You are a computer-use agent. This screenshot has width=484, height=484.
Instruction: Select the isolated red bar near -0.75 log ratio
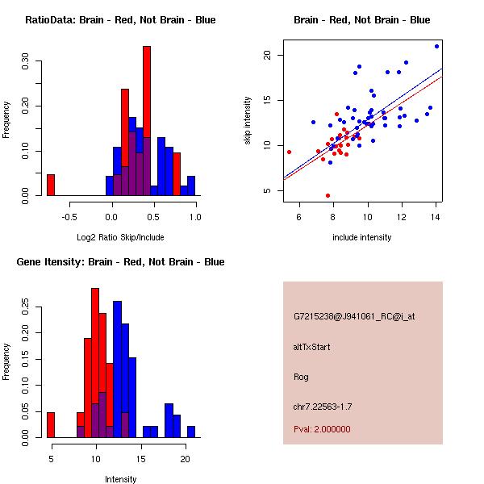tap(50, 185)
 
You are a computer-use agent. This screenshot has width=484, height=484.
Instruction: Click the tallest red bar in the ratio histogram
tap(147, 121)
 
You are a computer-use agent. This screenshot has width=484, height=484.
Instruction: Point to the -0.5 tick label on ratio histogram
tap(69, 216)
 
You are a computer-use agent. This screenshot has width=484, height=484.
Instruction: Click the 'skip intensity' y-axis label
tap(248, 121)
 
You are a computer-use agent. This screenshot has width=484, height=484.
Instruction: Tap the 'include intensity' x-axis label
tap(362, 237)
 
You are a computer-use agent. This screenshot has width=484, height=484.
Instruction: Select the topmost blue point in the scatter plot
tap(436, 46)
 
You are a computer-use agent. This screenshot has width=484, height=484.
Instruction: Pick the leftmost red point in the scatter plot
tap(289, 152)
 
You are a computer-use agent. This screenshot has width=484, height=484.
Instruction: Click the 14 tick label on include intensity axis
tap(436, 216)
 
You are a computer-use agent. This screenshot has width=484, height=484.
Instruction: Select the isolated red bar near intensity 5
tap(50, 424)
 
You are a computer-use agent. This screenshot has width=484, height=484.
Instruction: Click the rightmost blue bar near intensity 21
tap(191, 432)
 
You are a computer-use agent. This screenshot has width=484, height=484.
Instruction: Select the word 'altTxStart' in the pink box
tap(311, 347)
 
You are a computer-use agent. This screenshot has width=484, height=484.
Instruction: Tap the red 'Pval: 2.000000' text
tap(322, 429)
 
